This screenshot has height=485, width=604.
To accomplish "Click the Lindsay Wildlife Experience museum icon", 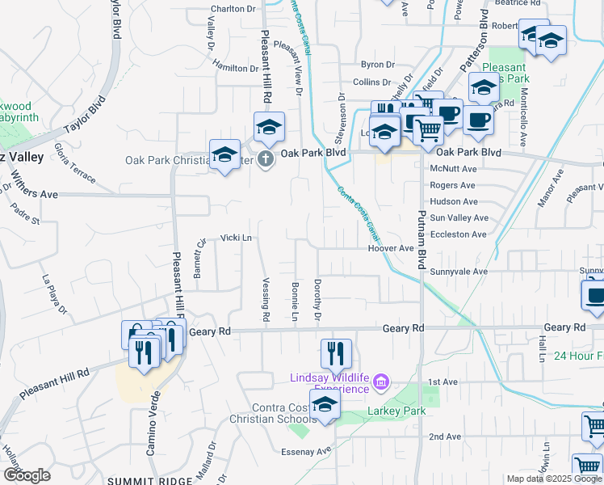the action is pyautogui.click(x=384, y=380).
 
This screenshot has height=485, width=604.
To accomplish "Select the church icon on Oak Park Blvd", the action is pyautogui.click(x=266, y=159).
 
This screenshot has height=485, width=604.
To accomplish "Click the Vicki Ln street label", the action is pyautogui.click(x=237, y=238).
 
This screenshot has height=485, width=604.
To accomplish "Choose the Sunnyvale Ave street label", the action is pyautogui.click(x=459, y=272).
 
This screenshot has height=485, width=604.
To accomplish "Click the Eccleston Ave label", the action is pyautogui.click(x=458, y=234).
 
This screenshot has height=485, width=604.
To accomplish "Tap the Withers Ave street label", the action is pyautogui.click(x=34, y=195).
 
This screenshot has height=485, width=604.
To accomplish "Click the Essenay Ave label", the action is pyautogui.click(x=306, y=451).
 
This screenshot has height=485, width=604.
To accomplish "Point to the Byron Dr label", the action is pyautogui.click(x=377, y=65).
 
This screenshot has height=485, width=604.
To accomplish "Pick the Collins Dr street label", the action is pyautogui.click(x=371, y=82).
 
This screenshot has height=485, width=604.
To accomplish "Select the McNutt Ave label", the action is pyautogui.click(x=453, y=169).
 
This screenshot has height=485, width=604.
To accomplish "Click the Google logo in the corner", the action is pyautogui.click(x=27, y=475).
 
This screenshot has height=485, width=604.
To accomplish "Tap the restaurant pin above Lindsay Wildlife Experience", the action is pyautogui.click(x=336, y=353).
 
